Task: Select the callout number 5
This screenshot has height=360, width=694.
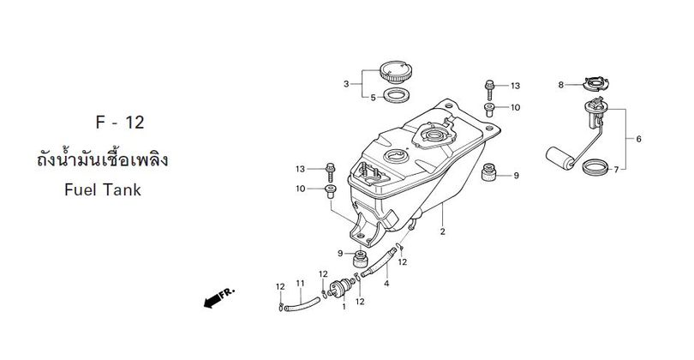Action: click(373, 98)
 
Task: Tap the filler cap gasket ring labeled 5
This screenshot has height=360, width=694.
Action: click(396, 95)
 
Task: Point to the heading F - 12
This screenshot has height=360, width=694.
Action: click(120, 123)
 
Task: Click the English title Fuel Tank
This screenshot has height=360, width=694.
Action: click(103, 190)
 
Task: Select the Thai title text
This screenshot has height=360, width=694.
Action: click(102, 159)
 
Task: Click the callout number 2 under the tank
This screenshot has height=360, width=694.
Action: click(442, 231)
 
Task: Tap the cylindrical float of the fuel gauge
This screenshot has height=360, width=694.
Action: click(559, 157)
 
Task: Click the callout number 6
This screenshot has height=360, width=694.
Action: click(638, 139)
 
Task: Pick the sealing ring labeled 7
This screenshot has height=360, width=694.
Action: click(595, 167)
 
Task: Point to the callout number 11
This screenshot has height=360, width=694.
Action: click(301, 283)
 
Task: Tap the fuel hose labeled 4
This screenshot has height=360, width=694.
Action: click(379, 262)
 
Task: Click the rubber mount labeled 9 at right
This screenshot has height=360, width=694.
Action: click(488, 171)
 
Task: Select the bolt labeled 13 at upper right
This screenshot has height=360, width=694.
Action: click(489, 90)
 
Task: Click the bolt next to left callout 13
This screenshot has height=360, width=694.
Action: click(329, 172)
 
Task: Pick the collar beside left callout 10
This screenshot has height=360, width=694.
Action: click(330, 192)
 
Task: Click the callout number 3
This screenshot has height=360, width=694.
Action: click(346, 84)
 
